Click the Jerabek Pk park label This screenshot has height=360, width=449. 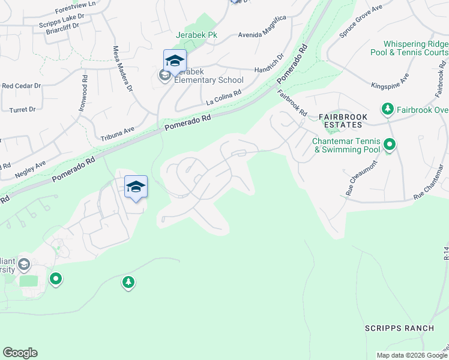pyautogui.click(x=196, y=35)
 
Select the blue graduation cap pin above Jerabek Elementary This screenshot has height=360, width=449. pyautogui.click(x=175, y=61)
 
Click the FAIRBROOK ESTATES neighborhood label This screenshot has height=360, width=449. pyautogui.click(x=341, y=121)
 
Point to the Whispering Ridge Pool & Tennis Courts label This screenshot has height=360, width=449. pyautogui.click(x=415, y=48)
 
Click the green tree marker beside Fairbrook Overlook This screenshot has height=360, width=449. pyautogui.click(x=388, y=109)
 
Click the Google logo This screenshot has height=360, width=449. pyautogui.click(x=20, y=353)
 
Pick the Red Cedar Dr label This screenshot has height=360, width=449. pyautogui.click(x=21, y=86)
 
